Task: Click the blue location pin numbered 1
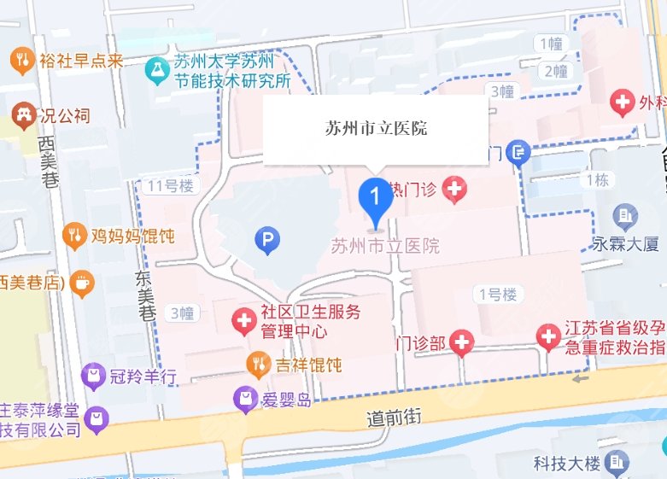click(374, 198)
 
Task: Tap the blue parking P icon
click(267, 242)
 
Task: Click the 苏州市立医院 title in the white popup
click(376, 129)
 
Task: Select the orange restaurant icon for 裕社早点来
click(21, 60)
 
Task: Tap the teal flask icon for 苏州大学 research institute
click(156, 72)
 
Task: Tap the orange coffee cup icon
click(82, 283)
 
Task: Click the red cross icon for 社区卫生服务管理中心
click(244, 322)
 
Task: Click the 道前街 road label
click(394, 417)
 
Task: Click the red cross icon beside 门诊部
click(462, 343)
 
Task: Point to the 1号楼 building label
click(497, 295)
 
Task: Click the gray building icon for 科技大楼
click(615, 463)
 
